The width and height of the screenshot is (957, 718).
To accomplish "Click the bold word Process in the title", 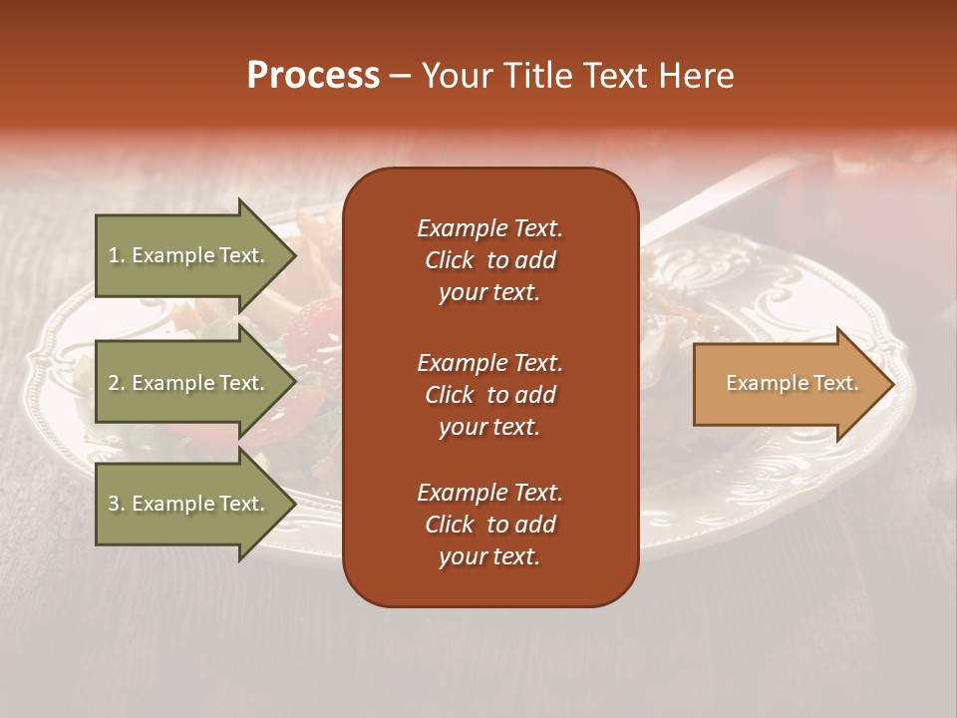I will (313, 76).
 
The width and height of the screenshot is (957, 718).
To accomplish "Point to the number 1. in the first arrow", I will (116, 255).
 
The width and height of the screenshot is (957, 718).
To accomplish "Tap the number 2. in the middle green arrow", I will (116, 383).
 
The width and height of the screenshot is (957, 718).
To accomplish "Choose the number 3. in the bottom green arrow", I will (116, 504).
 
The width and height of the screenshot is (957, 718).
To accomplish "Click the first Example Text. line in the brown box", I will (489, 228).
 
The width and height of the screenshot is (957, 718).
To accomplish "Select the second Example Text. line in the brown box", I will (489, 363).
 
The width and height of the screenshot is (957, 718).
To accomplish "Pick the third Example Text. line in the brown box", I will (489, 493).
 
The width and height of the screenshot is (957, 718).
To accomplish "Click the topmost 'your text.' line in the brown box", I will (489, 293).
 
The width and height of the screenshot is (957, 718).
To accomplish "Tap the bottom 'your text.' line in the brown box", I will (489, 557).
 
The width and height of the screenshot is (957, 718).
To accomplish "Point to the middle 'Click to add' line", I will (489, 395).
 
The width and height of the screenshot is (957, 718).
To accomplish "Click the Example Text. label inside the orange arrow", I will (792, 383).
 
